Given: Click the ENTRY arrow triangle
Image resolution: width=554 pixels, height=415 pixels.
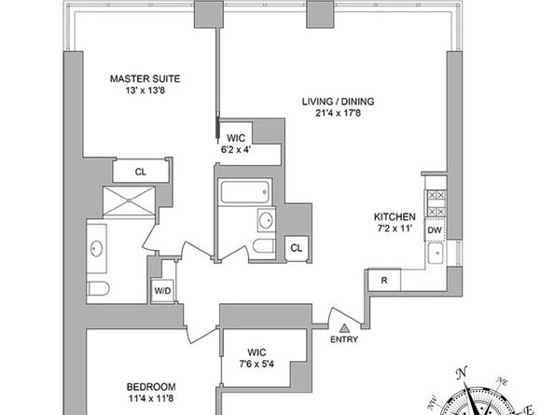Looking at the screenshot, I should click(345, 327).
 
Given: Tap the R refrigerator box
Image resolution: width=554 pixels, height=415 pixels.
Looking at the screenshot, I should click(383, 280).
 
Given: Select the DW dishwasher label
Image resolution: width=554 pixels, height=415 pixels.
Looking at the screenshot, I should click(434, 229).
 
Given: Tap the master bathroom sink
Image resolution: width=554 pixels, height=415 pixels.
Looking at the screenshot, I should click(98, 249).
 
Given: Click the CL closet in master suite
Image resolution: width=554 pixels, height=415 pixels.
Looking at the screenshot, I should click(139, 171).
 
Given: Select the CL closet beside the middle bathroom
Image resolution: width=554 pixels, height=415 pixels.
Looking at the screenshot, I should click(296, 247).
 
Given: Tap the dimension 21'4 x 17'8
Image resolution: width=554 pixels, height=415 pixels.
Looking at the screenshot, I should click(331, 116).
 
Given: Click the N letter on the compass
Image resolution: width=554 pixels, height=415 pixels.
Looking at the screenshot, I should click(462, 375).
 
